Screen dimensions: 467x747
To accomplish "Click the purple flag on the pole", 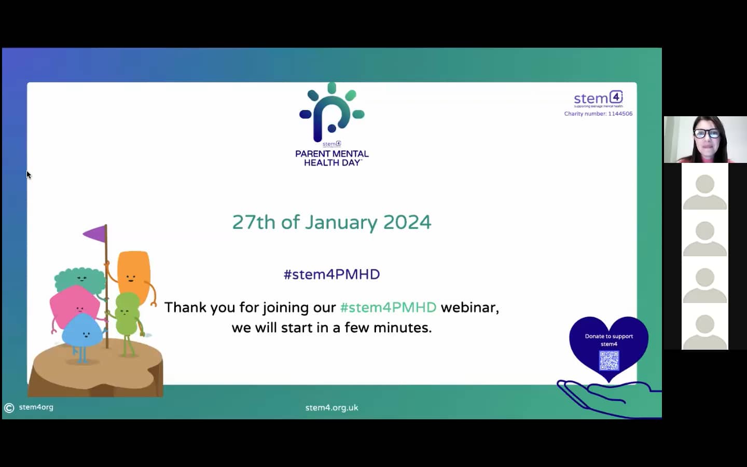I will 96,234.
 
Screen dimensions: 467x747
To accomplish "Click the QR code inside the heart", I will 609,361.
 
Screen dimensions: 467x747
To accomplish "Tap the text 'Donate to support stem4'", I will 609,340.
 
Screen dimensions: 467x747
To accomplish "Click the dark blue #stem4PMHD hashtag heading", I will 331,274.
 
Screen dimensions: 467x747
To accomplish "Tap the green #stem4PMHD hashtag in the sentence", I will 388,307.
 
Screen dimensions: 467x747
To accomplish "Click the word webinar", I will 469,307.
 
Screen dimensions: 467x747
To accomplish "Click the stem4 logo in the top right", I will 598,98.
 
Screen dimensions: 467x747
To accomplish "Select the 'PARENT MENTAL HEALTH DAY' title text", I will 332,158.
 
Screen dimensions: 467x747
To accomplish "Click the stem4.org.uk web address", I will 331,408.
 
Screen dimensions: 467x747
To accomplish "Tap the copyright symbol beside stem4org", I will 9,408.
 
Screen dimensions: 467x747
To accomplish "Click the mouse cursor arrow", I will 29,175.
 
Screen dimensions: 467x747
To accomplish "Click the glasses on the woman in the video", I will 707,133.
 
